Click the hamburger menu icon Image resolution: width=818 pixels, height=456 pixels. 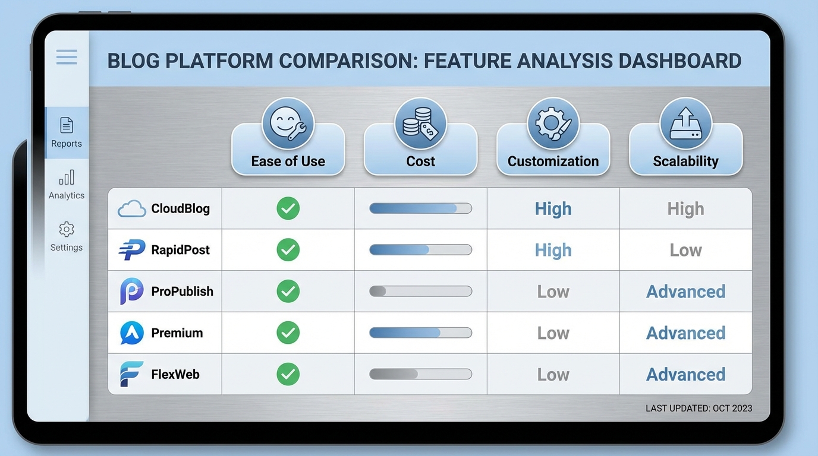tap(67, 57)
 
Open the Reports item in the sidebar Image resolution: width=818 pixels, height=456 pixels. tap(67, 132)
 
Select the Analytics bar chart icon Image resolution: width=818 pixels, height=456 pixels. tap(67, 178)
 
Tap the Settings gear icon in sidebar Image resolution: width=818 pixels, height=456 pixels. tap(67, 229)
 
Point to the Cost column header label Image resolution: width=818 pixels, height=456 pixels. tap(420, 161)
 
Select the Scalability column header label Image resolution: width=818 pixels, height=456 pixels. tap(685, 161)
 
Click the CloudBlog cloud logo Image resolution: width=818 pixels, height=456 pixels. tap(131, 209)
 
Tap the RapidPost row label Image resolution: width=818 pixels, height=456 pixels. tap(180, 250)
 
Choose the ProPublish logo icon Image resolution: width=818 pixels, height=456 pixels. tap(131, 292)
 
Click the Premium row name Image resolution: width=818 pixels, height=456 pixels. tap(177, 333)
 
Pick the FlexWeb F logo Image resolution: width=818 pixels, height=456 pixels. tap(131, 374)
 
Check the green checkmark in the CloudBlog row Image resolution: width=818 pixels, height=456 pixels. tap(288, 208)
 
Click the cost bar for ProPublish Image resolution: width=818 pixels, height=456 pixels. tap(420, 292)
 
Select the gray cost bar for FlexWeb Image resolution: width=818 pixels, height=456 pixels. tap(420, 374)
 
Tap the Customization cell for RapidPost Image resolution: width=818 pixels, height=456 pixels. tap(553, 250)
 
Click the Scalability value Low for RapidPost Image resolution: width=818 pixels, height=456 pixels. tap(685, 250)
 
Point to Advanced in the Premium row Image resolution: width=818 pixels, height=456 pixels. tap(685, 333)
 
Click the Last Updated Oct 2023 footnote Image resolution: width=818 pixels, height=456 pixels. tap(699, 408)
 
